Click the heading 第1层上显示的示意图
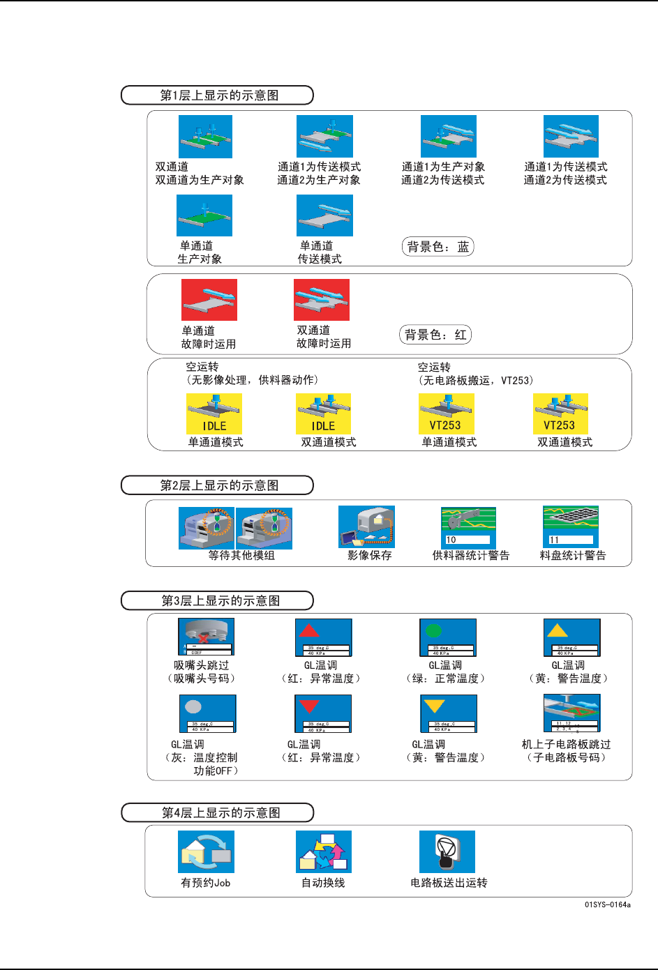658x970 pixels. coord(218,96)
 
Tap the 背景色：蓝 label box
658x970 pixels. coord(438,247)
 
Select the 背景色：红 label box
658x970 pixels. coord(435,335)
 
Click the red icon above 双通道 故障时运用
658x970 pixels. coord(322,300)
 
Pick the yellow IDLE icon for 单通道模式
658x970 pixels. coord(214,414)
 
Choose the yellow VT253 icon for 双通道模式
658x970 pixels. coord(560,414)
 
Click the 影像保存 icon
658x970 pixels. coord(366,526)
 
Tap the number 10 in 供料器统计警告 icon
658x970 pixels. coord(451,540)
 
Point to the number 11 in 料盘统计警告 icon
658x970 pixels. coord(554,540)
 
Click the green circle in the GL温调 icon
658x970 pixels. coord(434,630)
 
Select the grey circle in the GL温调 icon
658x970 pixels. coord(193,706)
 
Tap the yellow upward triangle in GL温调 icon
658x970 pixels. coord(557,630)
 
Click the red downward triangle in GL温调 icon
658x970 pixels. coord(309,706)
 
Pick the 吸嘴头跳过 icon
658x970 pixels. coord(206,637)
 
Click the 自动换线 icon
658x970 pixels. coord(324,851)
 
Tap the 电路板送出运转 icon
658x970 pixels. coord(447,851)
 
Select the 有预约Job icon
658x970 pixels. coord(206,851)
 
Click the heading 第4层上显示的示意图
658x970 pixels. coord(218,813)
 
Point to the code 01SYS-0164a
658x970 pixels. coord(607,905)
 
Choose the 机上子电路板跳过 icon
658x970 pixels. coord(571,713)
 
